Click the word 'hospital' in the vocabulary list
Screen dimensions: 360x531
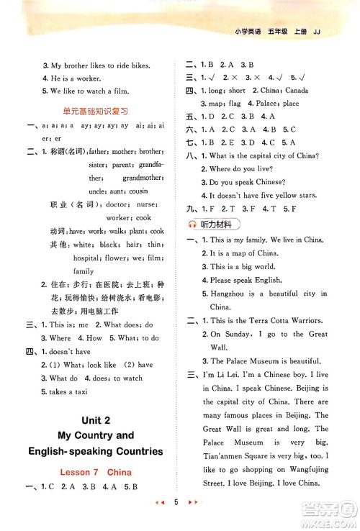(x=86, y=257)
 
